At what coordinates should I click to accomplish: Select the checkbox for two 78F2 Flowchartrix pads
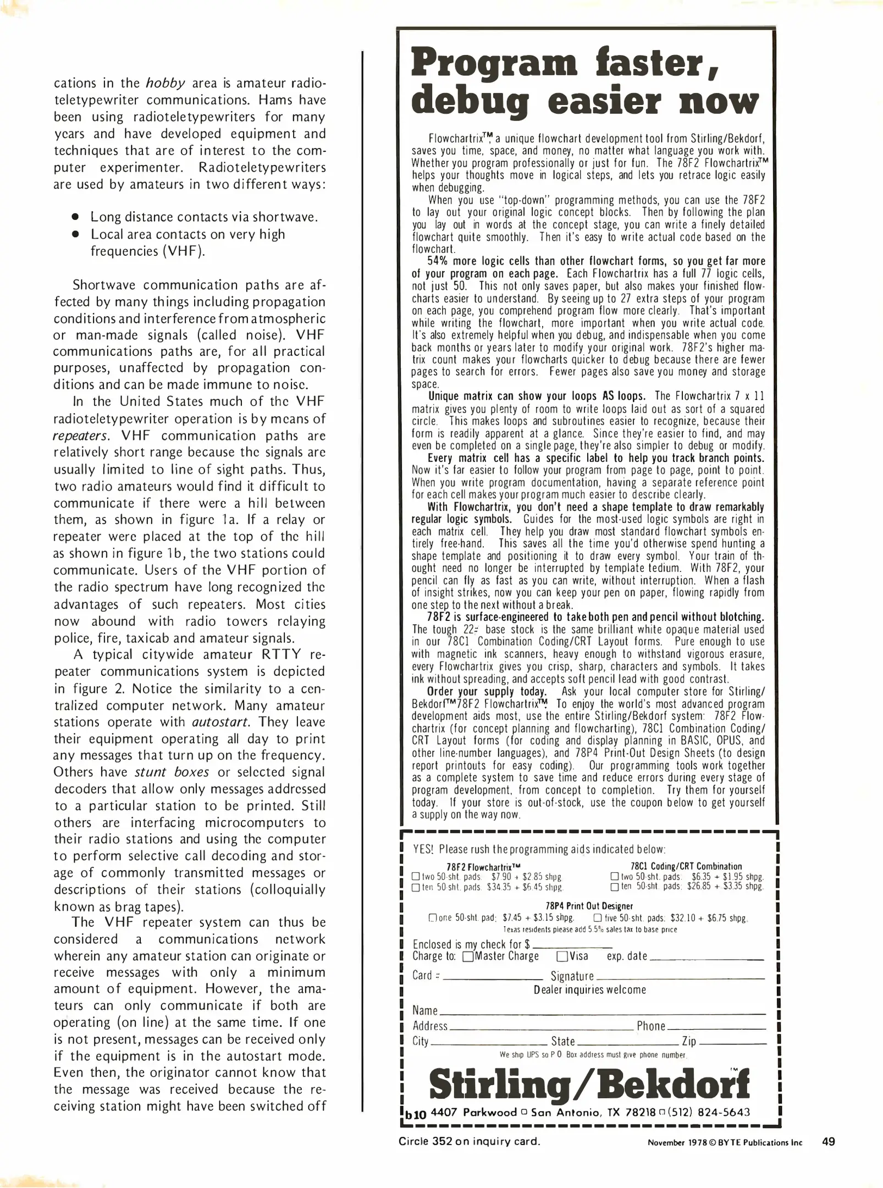[x=416, y=877]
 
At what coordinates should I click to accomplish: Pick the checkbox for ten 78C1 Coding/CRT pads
[x=614, y=887]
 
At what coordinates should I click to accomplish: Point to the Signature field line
[x=680, y=978]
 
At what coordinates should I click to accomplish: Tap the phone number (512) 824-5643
[x=708, y=1112]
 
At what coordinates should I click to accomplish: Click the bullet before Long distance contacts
[x=76, y=217]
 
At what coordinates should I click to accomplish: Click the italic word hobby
[x=165, y=83]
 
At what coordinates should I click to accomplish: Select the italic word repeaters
[x=80, y=436]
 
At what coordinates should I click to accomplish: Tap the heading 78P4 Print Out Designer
[x=589, y=906]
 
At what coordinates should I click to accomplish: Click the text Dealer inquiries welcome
[x=589, y=990]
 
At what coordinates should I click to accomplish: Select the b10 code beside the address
[x=416, y=1115]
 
